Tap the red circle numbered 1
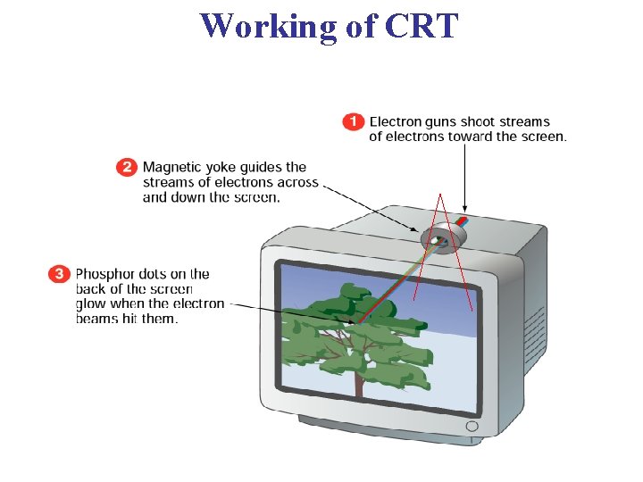click(x=354, y=121)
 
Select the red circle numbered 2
click(x=128, y=167)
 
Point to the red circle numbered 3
click(x=59, y=274)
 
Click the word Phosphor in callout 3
click(x=106, y=274)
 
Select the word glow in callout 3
click(x=92, y=303)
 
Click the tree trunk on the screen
click(x=359, y=379)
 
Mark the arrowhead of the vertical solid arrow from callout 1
click(x=464, y=215)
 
